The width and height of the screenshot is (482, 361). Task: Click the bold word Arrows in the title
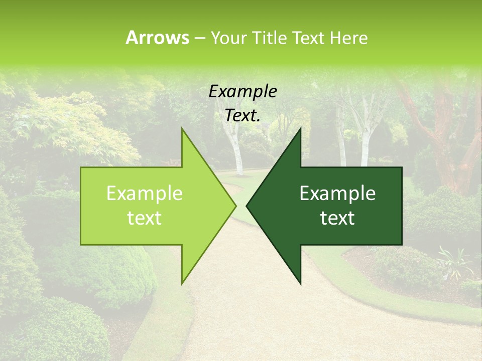point(157,38)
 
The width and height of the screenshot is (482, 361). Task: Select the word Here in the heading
point(348,38)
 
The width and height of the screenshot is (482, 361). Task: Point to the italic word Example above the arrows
point(243,92)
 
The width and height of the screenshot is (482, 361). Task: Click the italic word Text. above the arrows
point(243,116)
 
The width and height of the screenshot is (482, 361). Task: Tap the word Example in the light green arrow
point(145,194)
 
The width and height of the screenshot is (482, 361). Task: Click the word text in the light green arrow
point(145,218)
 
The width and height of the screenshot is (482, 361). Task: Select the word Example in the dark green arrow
point(337,194)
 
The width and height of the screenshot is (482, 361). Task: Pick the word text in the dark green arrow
point(337,218)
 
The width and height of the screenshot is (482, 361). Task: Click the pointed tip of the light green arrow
point(235,206)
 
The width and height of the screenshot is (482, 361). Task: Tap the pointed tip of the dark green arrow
point(247,206)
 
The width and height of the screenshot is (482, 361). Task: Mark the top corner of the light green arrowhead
point(182,129)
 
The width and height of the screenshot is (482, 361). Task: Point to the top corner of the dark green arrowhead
point(300,129)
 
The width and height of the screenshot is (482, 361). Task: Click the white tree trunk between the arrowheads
point(235,150)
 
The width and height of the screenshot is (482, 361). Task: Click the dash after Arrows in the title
point(199,38)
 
